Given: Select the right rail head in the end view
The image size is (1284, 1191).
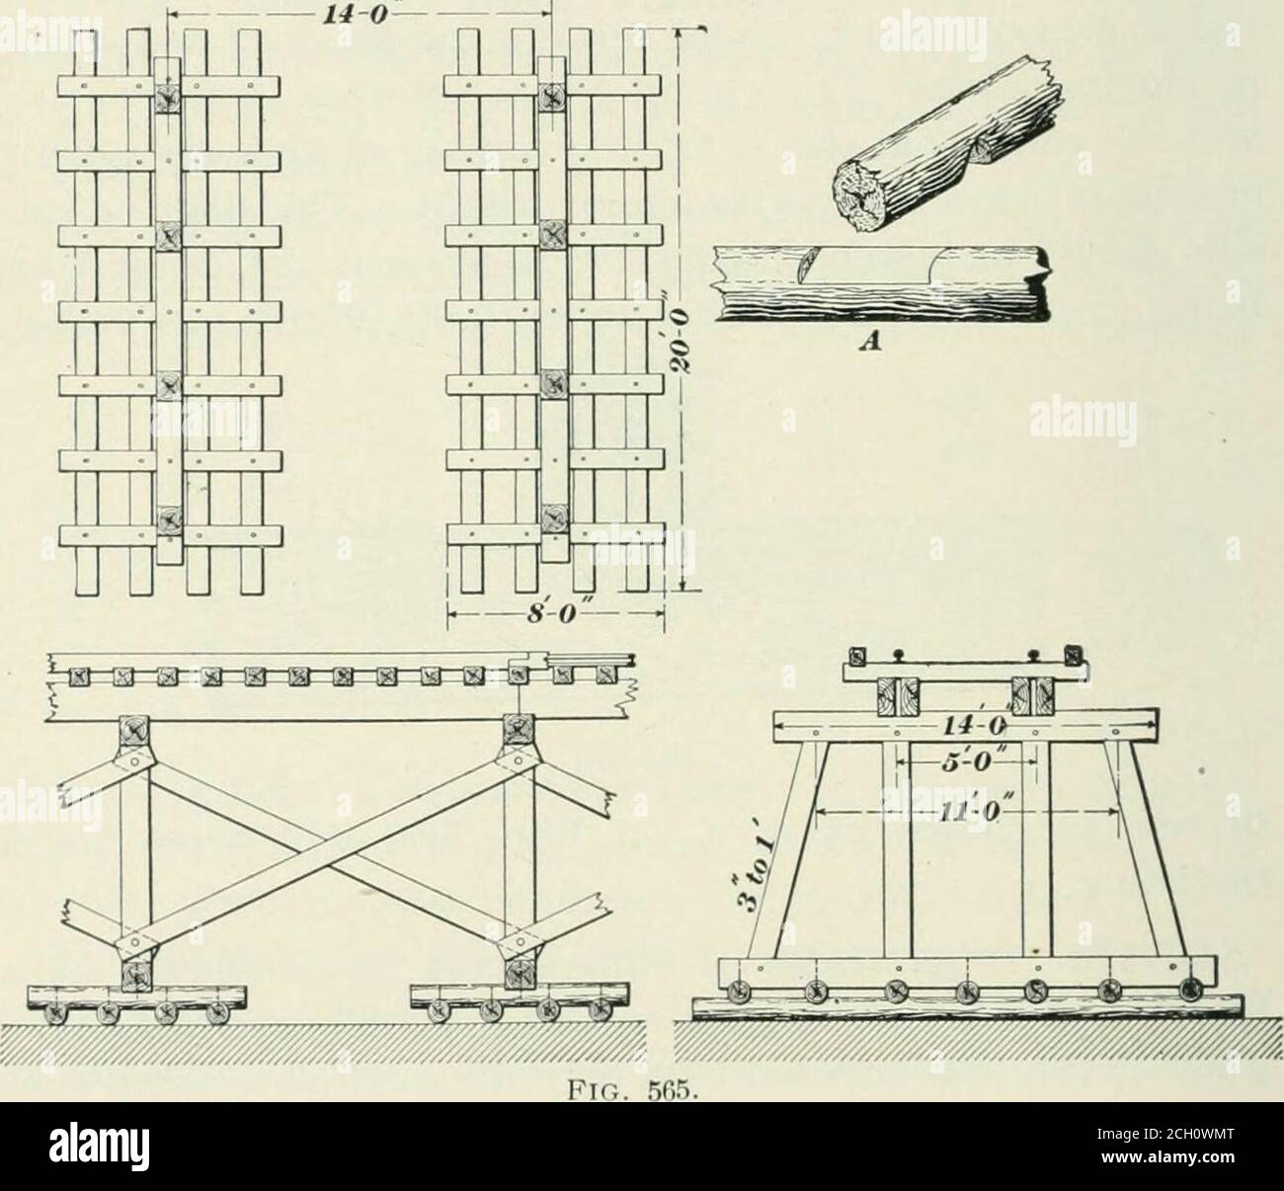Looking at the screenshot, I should click(1032, 654).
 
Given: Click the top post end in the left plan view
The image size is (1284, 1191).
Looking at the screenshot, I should click(170, 97).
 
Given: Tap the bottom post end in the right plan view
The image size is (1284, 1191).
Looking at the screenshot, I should click(556, 519).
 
